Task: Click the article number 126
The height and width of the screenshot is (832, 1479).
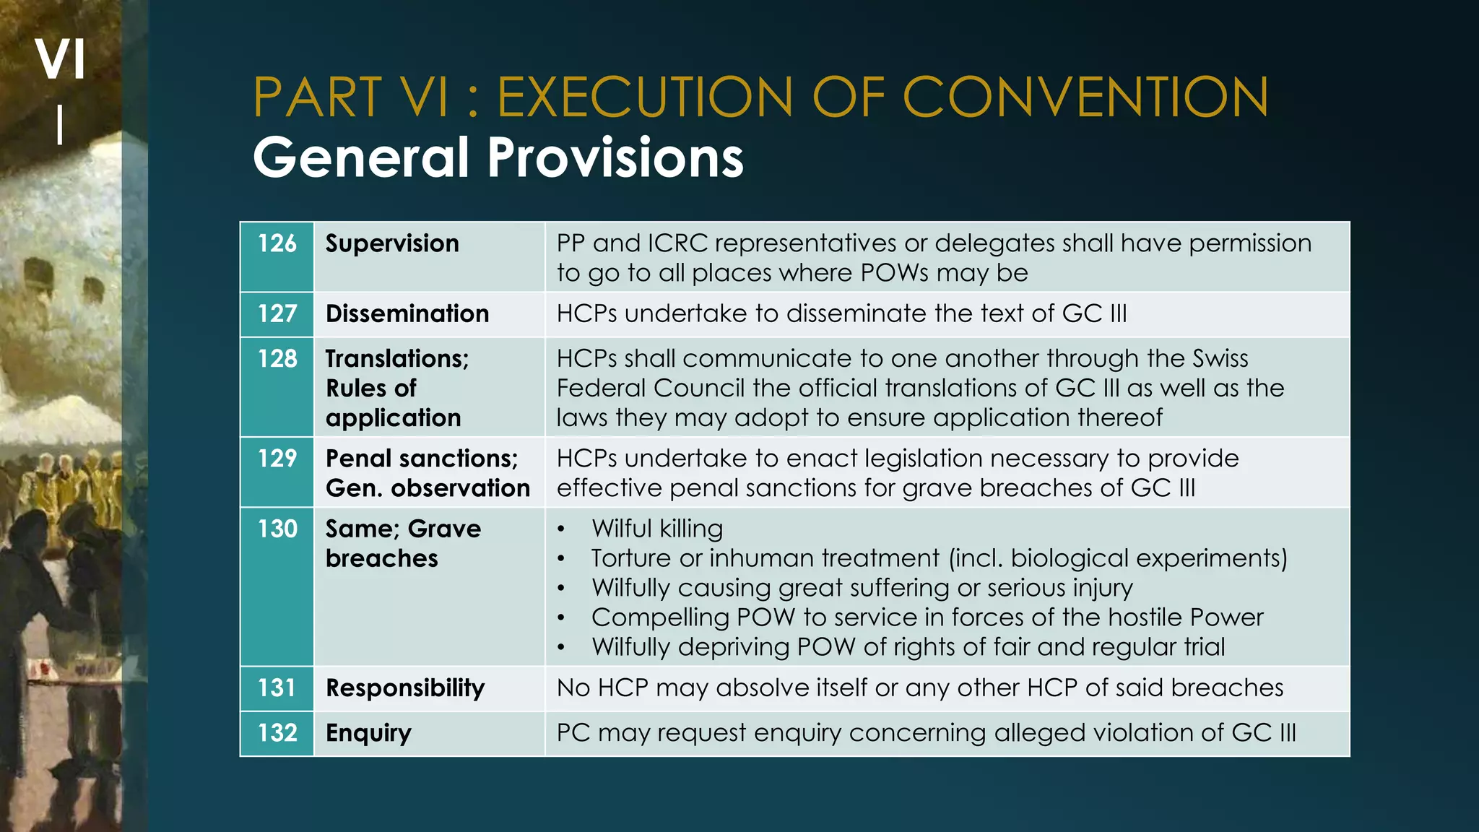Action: point(277,243)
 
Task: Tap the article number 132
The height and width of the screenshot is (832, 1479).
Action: point(277,733)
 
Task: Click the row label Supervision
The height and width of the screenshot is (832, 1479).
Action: point(392,243)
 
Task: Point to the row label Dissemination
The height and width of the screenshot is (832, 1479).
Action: point(407,313)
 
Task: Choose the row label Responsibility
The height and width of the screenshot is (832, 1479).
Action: point(405,688)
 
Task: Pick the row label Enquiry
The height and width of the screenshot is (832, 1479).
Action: point(368,733)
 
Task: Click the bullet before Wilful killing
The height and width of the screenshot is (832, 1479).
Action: point(561,530)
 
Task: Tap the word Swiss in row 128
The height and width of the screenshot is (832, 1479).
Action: point(1220,358)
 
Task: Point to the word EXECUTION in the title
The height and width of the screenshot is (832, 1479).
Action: point(646,97)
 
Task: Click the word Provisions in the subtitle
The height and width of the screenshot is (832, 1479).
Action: point(615,157)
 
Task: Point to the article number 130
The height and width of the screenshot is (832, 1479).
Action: point(277,529)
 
